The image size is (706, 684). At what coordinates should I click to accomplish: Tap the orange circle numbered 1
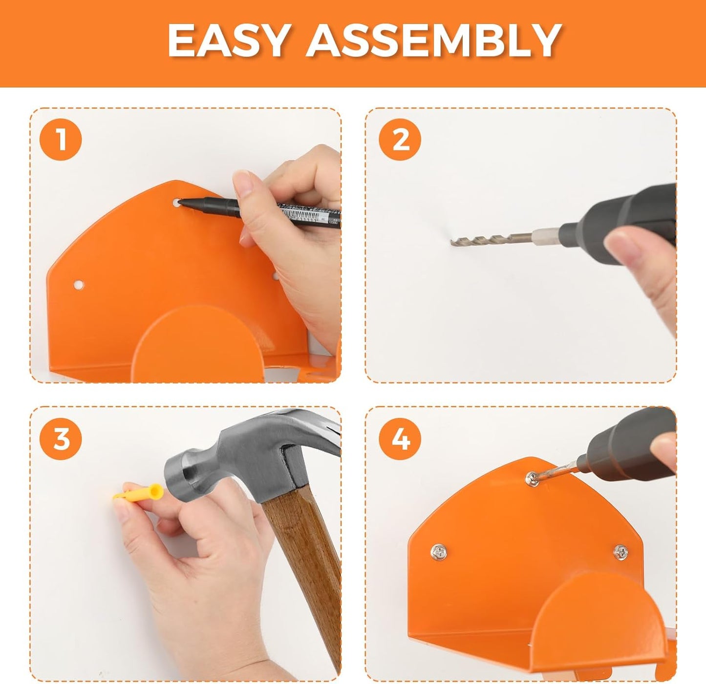[61, 140]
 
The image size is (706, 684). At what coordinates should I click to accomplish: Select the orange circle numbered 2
[401, 140]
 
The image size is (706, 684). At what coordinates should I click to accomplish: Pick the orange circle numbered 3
[61, 439]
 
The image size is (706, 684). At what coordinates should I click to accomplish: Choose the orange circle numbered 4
[401, 439]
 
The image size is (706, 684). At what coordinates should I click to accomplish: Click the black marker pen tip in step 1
[181, 201]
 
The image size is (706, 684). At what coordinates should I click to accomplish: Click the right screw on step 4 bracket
[620, 552]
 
